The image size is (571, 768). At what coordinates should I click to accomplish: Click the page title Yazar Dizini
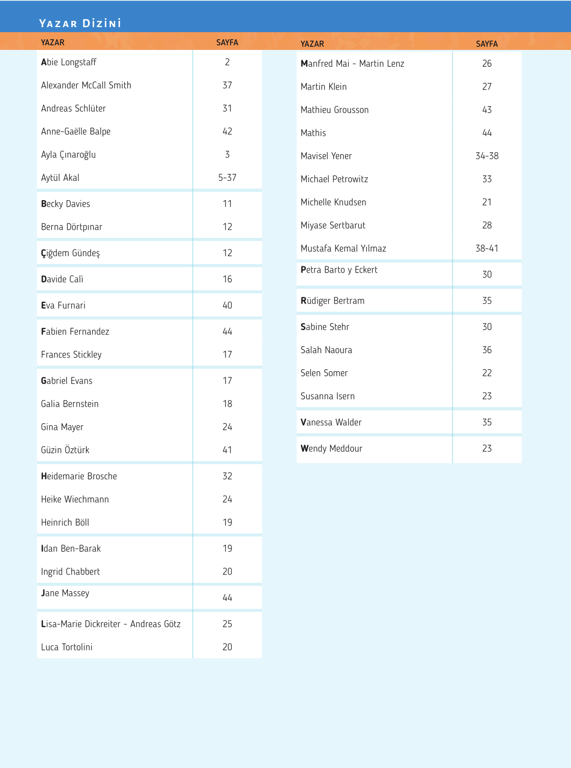coord(80,23)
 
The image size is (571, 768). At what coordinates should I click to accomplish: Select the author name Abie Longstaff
coord(69,62)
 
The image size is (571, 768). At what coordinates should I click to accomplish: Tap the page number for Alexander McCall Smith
coord(227,85)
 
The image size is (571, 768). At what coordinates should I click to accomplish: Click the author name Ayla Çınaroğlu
coord(68,154)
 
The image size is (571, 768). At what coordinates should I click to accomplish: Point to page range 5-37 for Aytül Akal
coord(227,178)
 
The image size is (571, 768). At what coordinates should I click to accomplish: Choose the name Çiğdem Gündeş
coord(70,253)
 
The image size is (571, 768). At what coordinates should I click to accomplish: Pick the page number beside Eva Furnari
coord(227,306)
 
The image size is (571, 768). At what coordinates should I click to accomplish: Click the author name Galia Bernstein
coord(70,404)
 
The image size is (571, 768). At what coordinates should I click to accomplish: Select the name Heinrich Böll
coord(65,523)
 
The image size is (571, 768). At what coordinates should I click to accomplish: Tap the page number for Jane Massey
coord(227,598)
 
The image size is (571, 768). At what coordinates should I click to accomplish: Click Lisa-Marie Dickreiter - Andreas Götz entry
coord(111,624)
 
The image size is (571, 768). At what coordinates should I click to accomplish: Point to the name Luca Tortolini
coord(67,647)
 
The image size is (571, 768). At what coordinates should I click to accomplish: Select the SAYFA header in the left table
coord(227,43)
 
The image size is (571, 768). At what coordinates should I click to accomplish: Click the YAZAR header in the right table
coord(312,44)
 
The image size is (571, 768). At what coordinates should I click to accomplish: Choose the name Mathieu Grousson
coord(334,110)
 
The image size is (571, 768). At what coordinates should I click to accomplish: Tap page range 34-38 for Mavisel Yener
coord(487,156)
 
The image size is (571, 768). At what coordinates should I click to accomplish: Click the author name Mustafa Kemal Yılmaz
coord(343,249)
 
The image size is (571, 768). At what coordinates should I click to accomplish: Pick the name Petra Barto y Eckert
coord(339,270)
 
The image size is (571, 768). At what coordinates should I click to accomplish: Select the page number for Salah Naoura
coord(487,350)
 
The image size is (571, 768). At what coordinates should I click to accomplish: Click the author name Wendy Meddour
coord(331,449)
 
